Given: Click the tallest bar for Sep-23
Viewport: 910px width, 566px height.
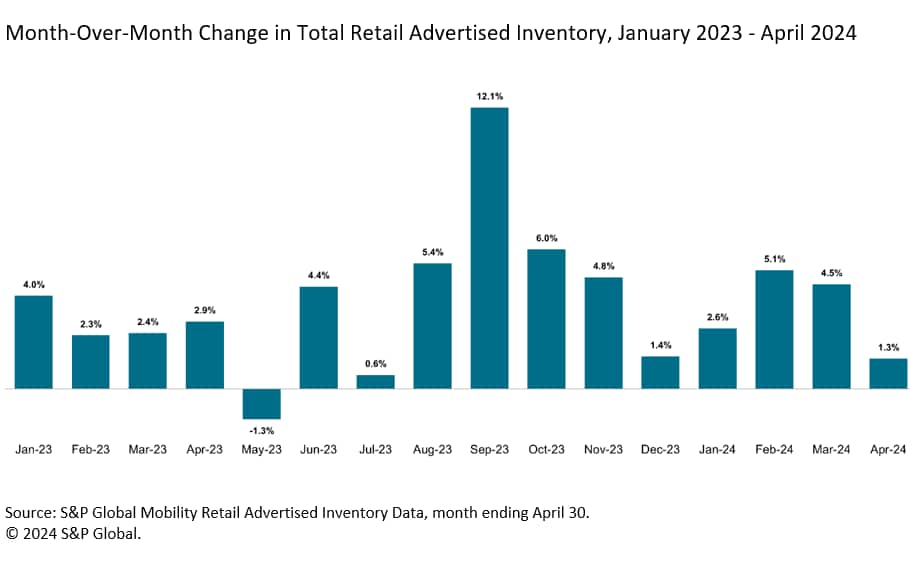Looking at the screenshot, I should click(489, 247).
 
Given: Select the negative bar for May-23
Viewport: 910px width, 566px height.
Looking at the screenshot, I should click(262, 403).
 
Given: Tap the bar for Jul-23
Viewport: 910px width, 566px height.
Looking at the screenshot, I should click(376, 381).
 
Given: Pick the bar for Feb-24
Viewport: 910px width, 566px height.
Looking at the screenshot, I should click(774, 329).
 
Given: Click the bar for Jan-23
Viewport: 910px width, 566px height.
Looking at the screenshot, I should click(34, 341).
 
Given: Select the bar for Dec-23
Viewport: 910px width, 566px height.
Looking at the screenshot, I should click(660, 372).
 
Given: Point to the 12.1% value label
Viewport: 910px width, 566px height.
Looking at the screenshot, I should click(489, 96).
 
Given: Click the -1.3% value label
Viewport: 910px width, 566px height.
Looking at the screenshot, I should click(262, 431).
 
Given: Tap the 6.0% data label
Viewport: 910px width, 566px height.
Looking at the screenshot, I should click(546, 238).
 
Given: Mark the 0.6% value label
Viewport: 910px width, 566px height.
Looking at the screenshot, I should click(376, 364).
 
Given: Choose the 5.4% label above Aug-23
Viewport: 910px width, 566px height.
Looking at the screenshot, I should click(432, 252).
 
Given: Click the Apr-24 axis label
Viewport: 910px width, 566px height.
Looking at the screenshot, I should click(888, 450).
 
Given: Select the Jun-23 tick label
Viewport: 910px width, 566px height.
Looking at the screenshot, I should click(319, 450).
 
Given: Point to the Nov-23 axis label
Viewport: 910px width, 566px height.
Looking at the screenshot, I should click(603, 450).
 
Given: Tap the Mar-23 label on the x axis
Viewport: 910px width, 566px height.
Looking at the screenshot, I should click(148, 450).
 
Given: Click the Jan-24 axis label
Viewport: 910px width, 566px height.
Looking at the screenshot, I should click(717, 450).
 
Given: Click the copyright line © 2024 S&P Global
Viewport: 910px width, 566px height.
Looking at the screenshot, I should click(73, 534).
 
